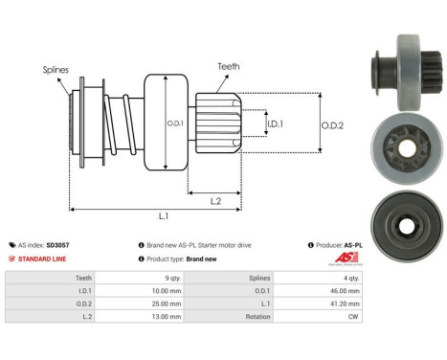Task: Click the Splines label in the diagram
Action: coord(55,70)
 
